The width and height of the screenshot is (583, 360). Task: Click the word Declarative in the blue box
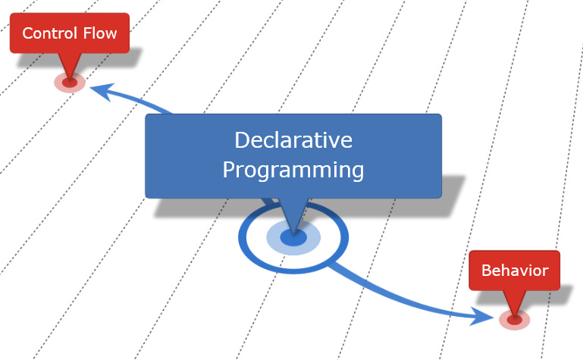click(x=293, y=141)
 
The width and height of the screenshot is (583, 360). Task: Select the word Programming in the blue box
click(x=293, y=170)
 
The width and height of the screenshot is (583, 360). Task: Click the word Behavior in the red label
click(x=515, y=271)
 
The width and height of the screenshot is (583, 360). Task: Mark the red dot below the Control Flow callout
click(x=69, y=83)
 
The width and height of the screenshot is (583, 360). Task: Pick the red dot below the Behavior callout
click(x=515, y=321)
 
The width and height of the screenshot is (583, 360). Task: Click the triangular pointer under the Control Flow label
click(x=69, y=64)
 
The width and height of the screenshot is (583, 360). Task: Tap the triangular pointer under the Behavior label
click(x=515, y=302)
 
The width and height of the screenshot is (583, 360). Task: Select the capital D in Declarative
click(x=242, y=141)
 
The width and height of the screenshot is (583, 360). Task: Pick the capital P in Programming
click(x=229, y=170)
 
